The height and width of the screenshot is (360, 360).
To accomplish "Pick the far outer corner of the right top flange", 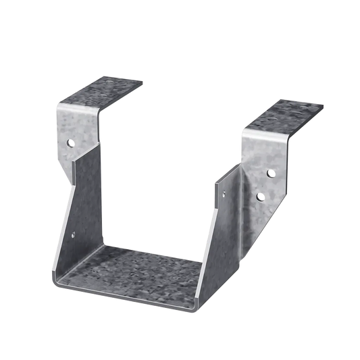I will (x=323, y=107).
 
